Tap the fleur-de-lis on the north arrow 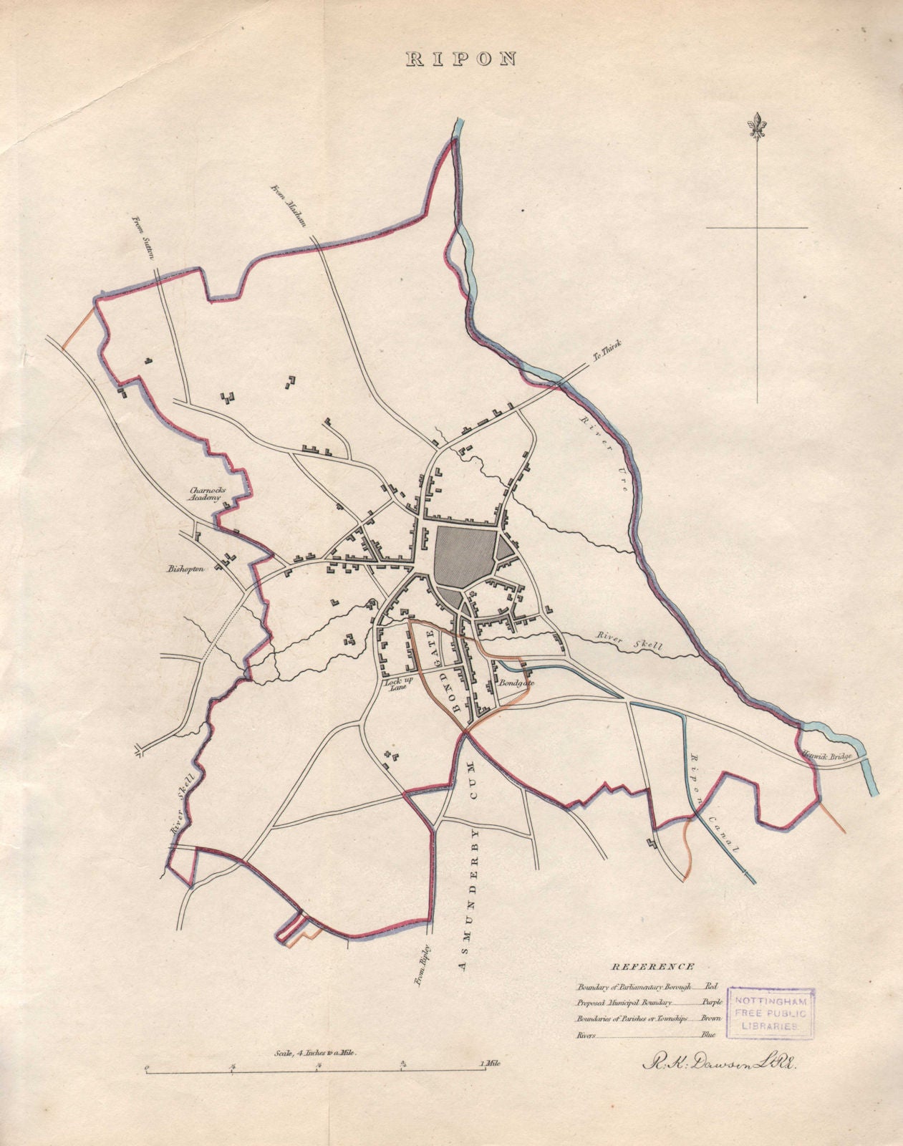pyautogui.click(x=757, y=127)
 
